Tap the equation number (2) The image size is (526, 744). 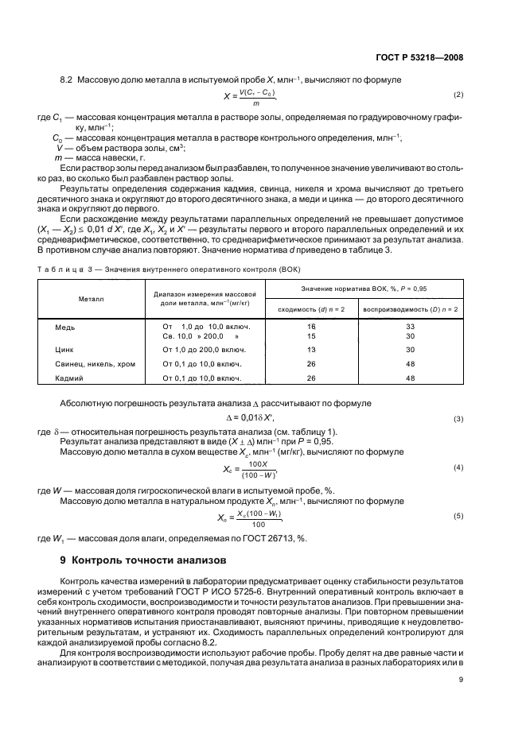[x=458, y=95]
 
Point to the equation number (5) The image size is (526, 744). [x=458, y=516]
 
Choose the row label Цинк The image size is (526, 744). [x=64, y=349]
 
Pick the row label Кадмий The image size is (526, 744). [x=68, y=378]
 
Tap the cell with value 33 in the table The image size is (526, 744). [x=410, y=327]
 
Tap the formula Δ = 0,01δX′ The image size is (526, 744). [x=256, y=418]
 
